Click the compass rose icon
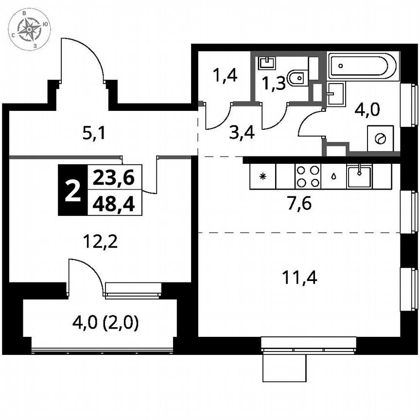31,30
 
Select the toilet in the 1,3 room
297,77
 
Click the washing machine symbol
380,139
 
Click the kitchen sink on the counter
359,175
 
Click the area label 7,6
298,203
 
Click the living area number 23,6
114,178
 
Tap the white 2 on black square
72,191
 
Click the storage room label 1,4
225,76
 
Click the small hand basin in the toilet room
266,63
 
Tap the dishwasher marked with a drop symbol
333,176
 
